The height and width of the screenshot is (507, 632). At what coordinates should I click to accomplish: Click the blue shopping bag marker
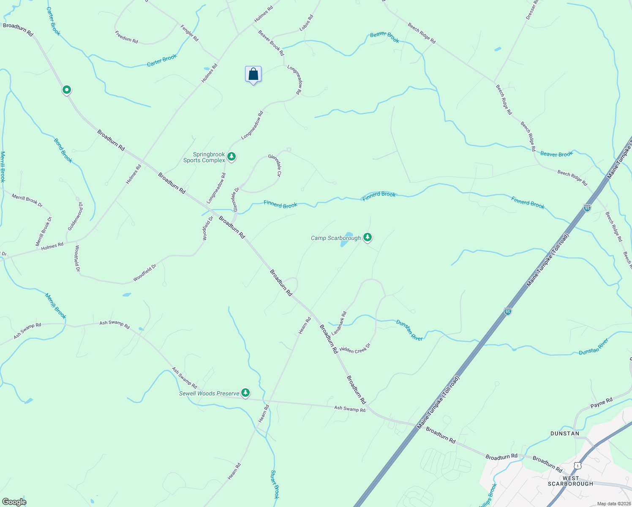pyautogui.click(x=253, y=74)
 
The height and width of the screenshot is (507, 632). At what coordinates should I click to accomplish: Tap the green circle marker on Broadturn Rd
pyautogui.click(x=66, y=90)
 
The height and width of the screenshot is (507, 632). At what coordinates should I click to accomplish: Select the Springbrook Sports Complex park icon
pyautogui.click(x=231, y=157)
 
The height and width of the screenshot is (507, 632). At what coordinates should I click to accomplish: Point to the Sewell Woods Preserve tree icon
pyautogui.click(x=245, y=393)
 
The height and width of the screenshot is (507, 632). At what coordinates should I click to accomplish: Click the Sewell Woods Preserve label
pyautogui.click(x=209, y=393)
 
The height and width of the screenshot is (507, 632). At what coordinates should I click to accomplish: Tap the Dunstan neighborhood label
pyautogui.click(x=564, y=433)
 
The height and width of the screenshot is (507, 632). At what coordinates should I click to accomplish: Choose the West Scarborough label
pyautogui.click(x=570, y=481)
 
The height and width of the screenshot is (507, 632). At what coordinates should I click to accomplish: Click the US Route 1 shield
pyautogui.click(x=578, y=465)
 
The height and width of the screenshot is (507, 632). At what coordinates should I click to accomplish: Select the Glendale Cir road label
pyautogui.click(x=275, y=165)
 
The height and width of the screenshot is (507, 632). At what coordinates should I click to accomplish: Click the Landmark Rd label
pyautogui.click(x=339, y=323)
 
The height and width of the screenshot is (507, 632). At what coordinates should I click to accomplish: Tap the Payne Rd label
pyautogui.click(x=601, y=403)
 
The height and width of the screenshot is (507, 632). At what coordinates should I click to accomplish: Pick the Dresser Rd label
pyautogui.click(x=531, y=10)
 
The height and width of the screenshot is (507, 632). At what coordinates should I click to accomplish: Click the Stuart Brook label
pyautogui.click(x=275, y=484)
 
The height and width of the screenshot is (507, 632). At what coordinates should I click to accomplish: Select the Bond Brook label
pyautogui.click(x=63, y=150)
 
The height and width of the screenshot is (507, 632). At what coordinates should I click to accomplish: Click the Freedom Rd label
pyautogui.click(x=126, y=37)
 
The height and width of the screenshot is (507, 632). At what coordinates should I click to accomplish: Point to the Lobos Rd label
pyautogui.click(x=306, y=23)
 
